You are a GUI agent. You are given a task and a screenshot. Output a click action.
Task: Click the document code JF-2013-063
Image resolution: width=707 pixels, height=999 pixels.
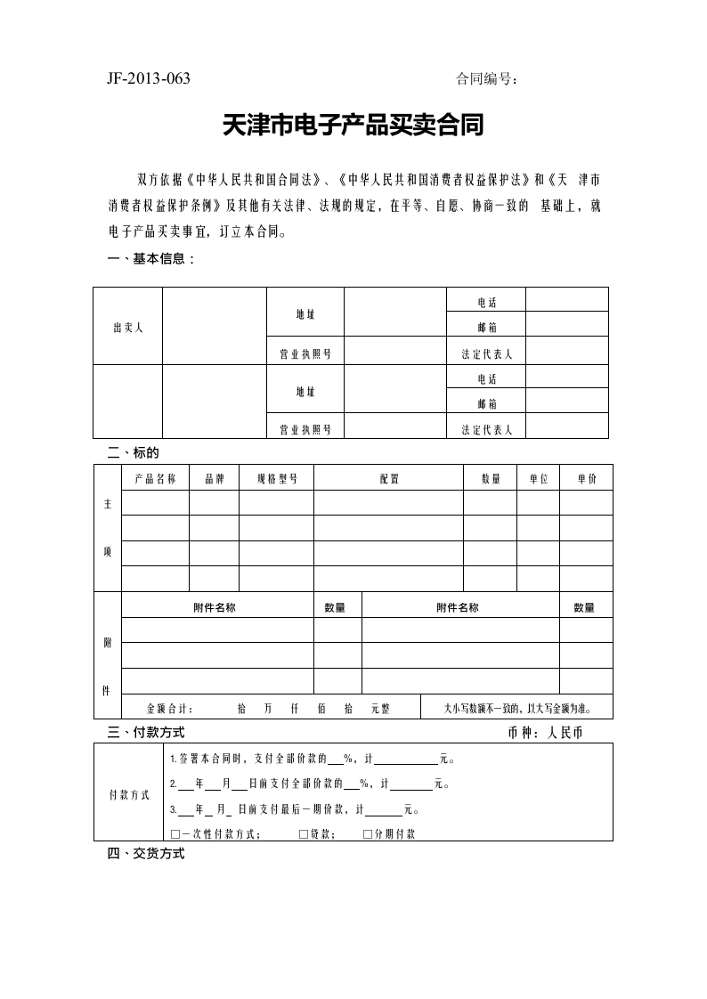tap(149, 78)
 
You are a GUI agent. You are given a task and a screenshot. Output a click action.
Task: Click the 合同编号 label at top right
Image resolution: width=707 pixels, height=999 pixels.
tap(487, 79)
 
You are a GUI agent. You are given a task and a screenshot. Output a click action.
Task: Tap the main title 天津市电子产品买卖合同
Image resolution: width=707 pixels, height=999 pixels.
tap(353, 126)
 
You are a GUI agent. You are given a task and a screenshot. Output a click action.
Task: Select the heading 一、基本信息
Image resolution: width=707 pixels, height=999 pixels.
tap(150, 259)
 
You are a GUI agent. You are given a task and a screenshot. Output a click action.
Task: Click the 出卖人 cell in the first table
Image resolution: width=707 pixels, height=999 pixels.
tap(128, 327)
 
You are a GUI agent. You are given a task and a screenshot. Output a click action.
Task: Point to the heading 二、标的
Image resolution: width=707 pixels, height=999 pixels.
tap(133, 452)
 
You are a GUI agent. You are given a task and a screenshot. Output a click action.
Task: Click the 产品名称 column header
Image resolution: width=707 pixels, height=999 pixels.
tap(156, 478)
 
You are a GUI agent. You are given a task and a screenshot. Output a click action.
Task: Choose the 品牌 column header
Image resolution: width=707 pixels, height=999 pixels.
tap(214, 478)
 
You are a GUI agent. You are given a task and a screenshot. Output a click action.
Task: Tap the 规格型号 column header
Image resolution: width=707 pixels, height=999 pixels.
tap(276, 478)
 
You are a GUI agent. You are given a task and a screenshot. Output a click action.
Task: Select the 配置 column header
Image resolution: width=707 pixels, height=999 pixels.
tap(389, 478)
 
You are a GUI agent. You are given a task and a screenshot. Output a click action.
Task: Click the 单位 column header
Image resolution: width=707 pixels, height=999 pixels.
tap(539, 478)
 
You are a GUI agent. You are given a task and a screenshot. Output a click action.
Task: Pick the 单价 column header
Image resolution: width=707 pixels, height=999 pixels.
tap(587, 478)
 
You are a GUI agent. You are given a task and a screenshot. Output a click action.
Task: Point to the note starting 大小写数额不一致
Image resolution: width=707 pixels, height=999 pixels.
tap(516, 709)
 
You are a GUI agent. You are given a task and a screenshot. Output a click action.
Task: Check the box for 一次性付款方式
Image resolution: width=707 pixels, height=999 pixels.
tap(174, 834)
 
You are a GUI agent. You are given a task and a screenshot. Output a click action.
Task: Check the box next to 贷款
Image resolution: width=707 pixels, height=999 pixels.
tap(304, 834)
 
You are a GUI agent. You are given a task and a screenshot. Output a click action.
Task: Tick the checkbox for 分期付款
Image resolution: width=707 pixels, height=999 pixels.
tap(368, 834)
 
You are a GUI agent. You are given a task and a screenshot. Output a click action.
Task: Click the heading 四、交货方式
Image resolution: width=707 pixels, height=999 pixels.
tap(146, 854)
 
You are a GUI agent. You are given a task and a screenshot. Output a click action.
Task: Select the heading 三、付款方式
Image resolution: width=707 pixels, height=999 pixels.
tap(146, 733)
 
